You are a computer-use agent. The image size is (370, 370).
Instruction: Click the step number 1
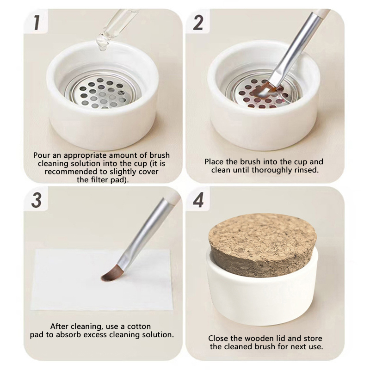pos(37,23)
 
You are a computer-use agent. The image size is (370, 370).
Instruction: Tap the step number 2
pos(198,23)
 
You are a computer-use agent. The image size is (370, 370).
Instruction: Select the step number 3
pos(37,200)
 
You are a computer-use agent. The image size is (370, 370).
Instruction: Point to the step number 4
pos(198,200)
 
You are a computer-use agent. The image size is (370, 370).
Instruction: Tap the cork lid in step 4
pos(262,241)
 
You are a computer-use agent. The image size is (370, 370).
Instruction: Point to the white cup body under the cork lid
pos(262,297)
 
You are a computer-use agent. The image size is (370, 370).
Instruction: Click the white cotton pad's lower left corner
pos(31,309)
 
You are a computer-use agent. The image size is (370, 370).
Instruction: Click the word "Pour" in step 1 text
pos(42,155)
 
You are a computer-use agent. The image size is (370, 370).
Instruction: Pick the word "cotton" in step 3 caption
pos(139,327)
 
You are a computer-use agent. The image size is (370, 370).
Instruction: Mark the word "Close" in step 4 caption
pos(218,339)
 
